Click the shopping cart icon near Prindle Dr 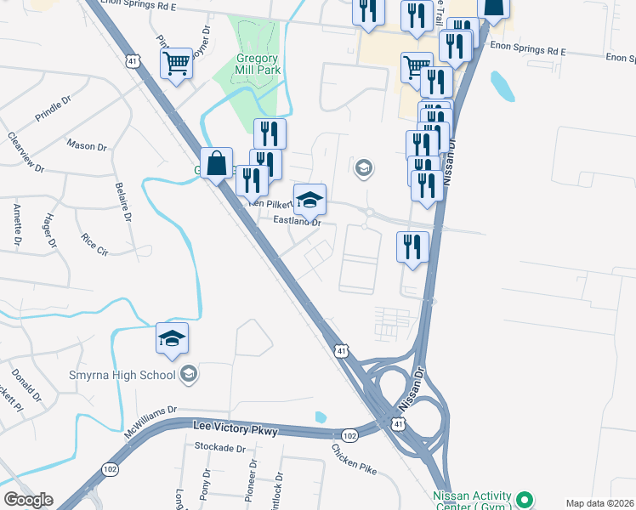[177, 62]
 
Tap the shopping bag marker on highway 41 [217, 161]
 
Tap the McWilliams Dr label [150, 420]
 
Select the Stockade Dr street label [219, 447]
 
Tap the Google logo [28, 500]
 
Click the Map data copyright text [599, 503]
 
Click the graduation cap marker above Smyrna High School [172, 338]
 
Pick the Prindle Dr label [56, 109]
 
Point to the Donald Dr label [26, 384]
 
